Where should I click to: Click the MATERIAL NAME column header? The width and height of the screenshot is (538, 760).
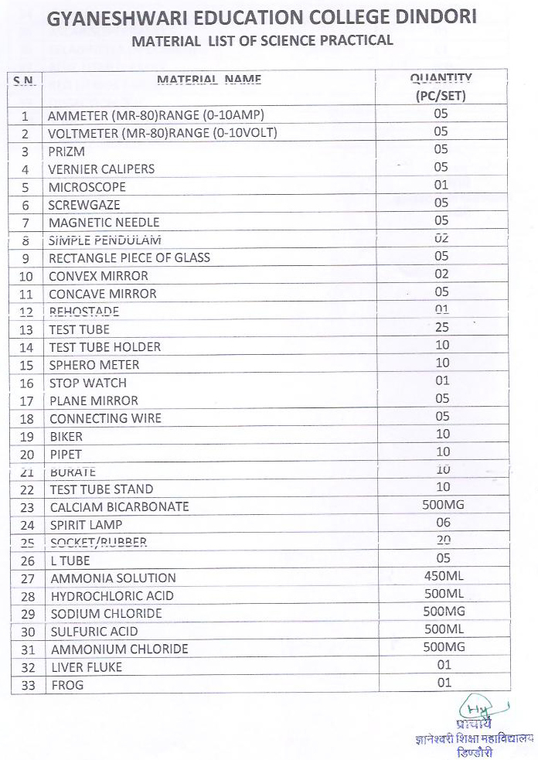coord(209,79)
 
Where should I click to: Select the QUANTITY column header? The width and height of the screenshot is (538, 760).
coord(441,87)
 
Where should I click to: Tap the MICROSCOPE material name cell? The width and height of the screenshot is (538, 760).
coord(87,187)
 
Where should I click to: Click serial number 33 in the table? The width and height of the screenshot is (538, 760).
coord(28,686)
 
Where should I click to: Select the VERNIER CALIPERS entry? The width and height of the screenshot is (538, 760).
coord(101,169)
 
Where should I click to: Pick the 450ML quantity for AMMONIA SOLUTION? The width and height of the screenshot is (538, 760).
coord(444,577)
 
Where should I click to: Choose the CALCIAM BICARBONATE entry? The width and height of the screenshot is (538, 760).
coord(119,507)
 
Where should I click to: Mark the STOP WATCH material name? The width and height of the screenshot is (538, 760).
coord(87,383)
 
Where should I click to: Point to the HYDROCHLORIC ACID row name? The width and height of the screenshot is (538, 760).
coord(112,596)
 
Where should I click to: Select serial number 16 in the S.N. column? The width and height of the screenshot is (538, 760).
coord(27,383)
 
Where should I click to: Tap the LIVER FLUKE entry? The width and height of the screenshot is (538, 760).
coord(87,667)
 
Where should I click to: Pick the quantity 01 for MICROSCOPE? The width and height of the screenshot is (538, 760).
coord(441,186)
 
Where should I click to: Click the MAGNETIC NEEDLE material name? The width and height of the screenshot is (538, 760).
coord(104,223)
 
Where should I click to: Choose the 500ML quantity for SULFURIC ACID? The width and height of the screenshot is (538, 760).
coord(444,630)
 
